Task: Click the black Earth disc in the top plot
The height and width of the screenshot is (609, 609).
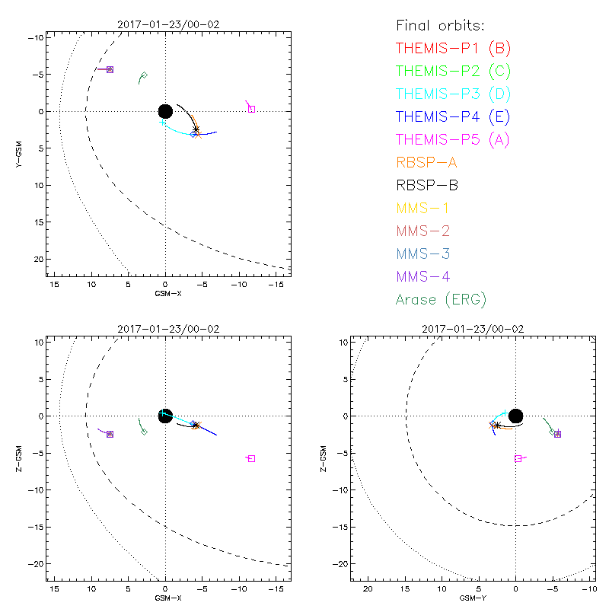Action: (x=165, y=111)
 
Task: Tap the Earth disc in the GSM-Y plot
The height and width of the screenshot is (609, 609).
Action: (x=515, y=416)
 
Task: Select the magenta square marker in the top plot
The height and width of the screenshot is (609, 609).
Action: (x=252, y=109)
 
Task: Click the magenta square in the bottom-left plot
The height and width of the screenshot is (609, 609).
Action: (x=251, y=458)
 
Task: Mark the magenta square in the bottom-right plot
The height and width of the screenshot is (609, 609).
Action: (x=518, y=458)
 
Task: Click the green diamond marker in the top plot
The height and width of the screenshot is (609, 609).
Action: (x=144, y=75)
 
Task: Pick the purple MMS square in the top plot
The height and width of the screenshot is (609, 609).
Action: (x=110, y=69)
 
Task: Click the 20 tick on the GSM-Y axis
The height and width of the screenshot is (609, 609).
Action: (x=368, y=589)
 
